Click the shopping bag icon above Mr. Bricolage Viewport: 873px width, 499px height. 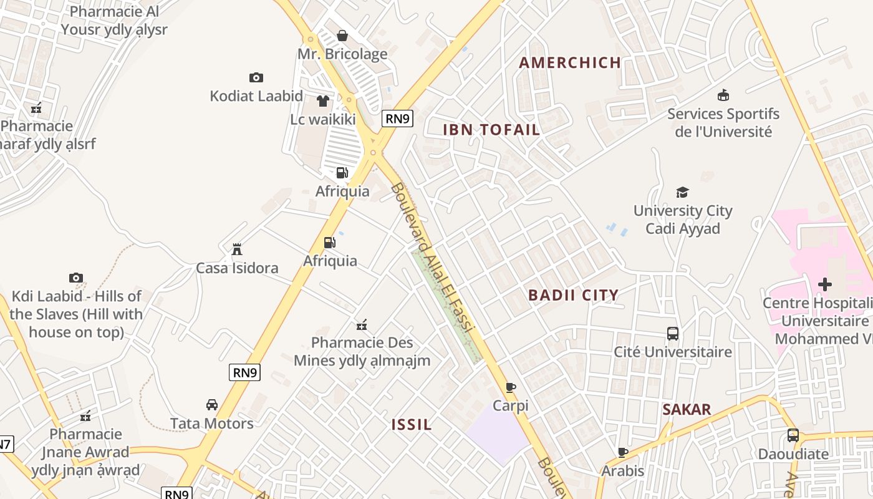342,36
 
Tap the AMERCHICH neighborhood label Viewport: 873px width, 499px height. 570,62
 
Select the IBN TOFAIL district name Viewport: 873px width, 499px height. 491,130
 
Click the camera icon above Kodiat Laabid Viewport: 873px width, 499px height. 256,78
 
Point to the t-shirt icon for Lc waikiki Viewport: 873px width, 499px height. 322,100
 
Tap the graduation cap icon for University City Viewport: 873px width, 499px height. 682,193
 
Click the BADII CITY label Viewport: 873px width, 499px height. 573,295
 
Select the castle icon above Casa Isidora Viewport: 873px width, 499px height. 237,249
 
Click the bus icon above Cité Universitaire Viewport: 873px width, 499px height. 672,334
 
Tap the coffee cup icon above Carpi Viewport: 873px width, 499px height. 511,387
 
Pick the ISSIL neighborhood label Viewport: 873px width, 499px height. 412,425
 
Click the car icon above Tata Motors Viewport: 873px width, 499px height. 212,405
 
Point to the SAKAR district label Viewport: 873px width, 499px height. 687,410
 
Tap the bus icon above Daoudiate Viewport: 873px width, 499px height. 793,435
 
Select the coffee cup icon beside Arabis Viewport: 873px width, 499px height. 622,452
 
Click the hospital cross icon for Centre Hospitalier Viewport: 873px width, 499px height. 824,285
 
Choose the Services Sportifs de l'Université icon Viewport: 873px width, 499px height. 723,95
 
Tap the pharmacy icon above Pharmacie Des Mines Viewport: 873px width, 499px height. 362,324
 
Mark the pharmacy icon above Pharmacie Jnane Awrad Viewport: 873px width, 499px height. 85,415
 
